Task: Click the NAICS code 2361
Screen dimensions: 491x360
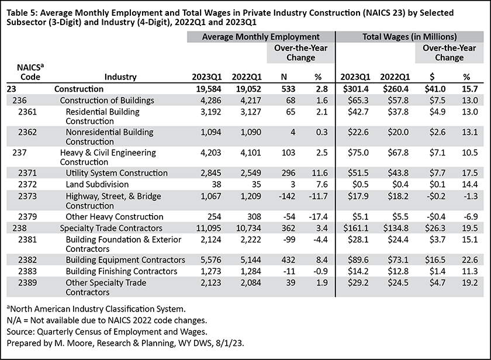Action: pos(27,112)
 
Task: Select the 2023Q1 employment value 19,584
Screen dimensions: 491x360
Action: pos(209,89)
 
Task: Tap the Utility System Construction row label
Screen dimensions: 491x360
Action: pos(116,173)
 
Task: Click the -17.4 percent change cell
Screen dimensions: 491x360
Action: pos(318,217)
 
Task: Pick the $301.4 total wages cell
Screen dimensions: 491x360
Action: pos(356,89)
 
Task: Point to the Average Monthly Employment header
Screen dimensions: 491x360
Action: pos(261,37)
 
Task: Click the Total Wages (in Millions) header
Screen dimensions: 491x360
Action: pos(410,37)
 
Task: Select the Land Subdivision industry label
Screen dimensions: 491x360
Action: pos(97,184)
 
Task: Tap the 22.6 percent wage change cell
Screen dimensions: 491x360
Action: pos(470,260)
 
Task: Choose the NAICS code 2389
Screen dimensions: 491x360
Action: pos(27,283)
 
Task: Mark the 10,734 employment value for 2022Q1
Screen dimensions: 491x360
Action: pos(248,228)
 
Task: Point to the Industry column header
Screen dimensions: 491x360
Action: pos(120,77)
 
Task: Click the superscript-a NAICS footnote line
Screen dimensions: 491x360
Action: pos(96,309)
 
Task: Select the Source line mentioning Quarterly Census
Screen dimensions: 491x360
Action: pos(107,332)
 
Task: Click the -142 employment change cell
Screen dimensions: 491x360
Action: pos(287,196)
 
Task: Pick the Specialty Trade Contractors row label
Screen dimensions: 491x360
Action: pos(111,228)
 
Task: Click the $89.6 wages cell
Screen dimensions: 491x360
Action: pos(358,260)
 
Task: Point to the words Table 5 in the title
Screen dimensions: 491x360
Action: pos(22,13)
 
